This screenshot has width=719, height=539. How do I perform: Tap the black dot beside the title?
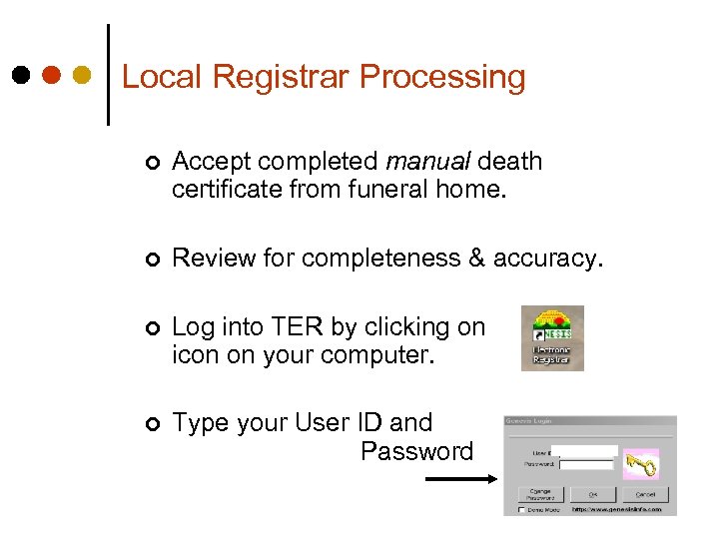22,75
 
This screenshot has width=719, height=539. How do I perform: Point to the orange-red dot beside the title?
52,75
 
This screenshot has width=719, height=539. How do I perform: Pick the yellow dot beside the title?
83,75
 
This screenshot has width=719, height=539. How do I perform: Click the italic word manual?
428,161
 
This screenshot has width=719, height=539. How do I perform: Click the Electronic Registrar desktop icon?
552,338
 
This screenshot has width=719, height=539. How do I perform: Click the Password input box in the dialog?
586,464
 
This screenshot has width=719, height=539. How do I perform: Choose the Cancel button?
645,493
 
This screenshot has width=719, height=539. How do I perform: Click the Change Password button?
540,493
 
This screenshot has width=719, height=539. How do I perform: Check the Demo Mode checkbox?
521,509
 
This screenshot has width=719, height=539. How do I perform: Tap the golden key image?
640,463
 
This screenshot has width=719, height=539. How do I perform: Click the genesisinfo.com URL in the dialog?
616,509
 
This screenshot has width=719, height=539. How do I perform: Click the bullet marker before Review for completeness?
149,260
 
